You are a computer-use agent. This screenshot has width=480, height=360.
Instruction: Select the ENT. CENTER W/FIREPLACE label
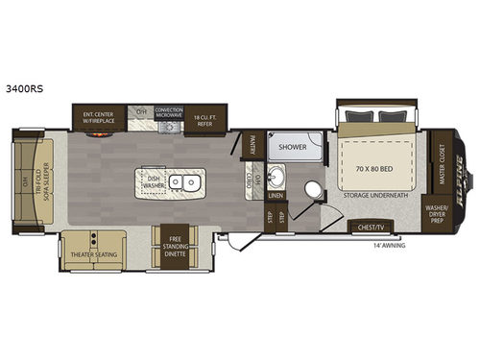pos(99,118)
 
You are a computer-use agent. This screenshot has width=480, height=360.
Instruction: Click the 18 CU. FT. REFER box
pos(204,118)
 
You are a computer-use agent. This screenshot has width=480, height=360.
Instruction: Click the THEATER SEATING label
pos(91,254)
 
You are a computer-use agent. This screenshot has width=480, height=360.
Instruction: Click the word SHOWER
pos(294,148)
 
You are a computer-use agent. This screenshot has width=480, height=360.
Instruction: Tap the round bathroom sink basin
pos(279,179)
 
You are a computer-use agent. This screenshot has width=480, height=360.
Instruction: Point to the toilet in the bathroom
pos(307,187)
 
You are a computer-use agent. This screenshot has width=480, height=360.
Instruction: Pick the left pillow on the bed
pos(356,117)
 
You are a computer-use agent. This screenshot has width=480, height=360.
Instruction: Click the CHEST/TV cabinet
pos(372,227)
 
